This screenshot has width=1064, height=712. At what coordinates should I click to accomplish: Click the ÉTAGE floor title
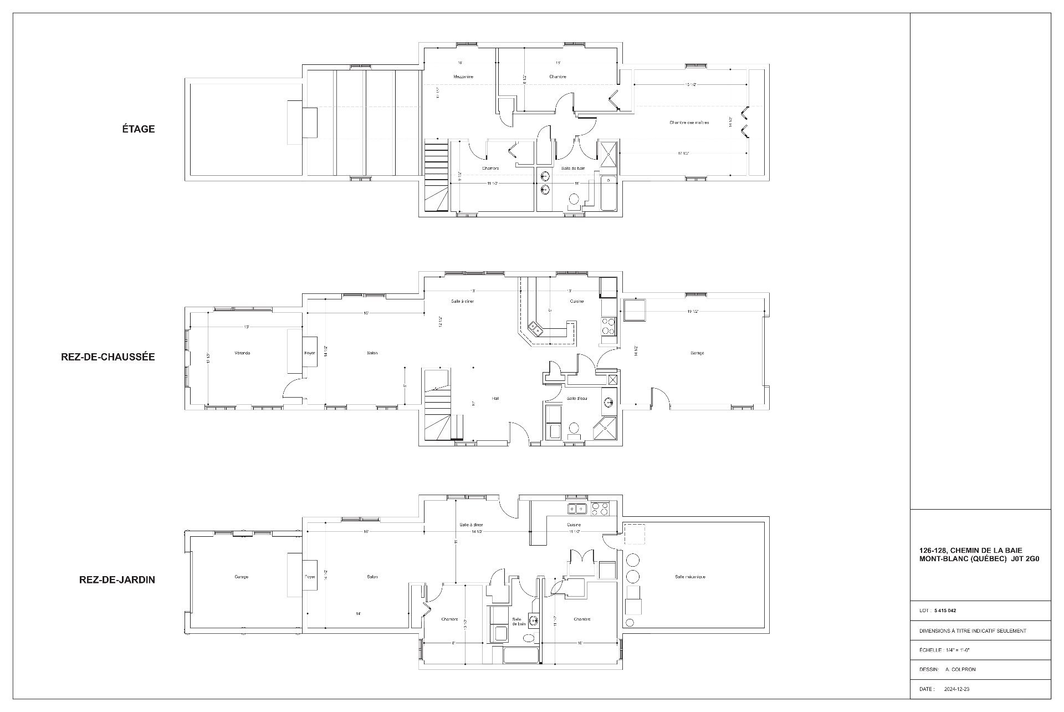pyautogui.click(x=139, y=129)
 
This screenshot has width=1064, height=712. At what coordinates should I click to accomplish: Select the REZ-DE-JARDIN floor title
pyautogui.click(x=117, y=580)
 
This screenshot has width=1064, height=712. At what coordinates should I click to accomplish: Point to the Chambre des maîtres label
pyautogui.click(x=689, y=123)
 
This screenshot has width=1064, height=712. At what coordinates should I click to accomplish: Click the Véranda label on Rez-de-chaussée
pyautogui.click(x=243, y=353)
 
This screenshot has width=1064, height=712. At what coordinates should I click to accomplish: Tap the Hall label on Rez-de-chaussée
pyautogui.click(x=495, y=398)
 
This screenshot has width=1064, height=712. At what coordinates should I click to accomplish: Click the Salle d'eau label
pyautogui.click(x=577, y=399)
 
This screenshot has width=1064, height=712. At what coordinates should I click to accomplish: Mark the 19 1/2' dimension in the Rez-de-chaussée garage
pyautogui.click(x=692, y=312)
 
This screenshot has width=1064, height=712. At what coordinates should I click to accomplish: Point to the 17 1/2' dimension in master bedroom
pyautogui.click(x=683, y=153)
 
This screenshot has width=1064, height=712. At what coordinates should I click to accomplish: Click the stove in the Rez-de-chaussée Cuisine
pyautogui.click(x=608, y=326)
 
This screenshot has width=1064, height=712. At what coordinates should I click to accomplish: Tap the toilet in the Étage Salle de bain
pyautogui.click(x=575, y=199)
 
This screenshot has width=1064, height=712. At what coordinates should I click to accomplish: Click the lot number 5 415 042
pyautogui.click(x=945, y=611)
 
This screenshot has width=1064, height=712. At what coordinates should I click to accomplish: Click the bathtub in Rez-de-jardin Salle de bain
pyautogui.click(x=520, y=655)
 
